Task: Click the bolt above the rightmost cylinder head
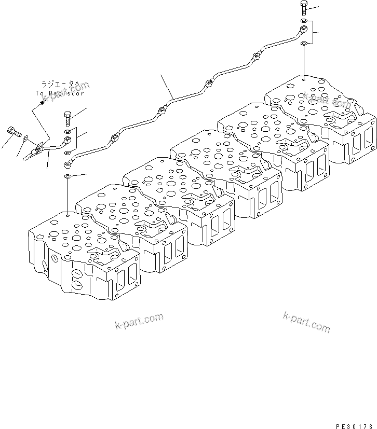pos(304,8)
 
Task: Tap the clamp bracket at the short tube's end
pos(35,150)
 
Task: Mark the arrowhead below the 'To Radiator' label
pos(42,102)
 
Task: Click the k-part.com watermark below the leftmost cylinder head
pos(139,322)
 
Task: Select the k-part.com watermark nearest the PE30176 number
pos(306,322)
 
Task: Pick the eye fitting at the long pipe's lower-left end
pos(68,165)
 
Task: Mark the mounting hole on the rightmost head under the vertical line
pos(303,79)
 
